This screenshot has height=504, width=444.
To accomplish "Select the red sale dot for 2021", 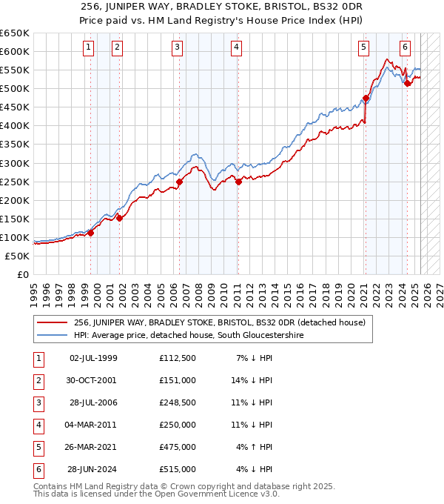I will click(x=366, y=98).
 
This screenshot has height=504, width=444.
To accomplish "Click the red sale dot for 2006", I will click(x=179, y=182).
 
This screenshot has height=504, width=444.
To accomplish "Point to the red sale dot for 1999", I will click(x=91, y=233).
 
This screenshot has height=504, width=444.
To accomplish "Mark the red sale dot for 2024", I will click(x=407, y=83).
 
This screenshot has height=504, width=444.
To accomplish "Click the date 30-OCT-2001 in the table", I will click(x=92, y=380).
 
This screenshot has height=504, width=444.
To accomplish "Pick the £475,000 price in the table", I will click(x=177, y=447).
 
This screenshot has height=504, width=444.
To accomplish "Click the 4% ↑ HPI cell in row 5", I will click(x=255, y=447).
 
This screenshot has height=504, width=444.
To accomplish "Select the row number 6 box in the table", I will click(x=36, y=469).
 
